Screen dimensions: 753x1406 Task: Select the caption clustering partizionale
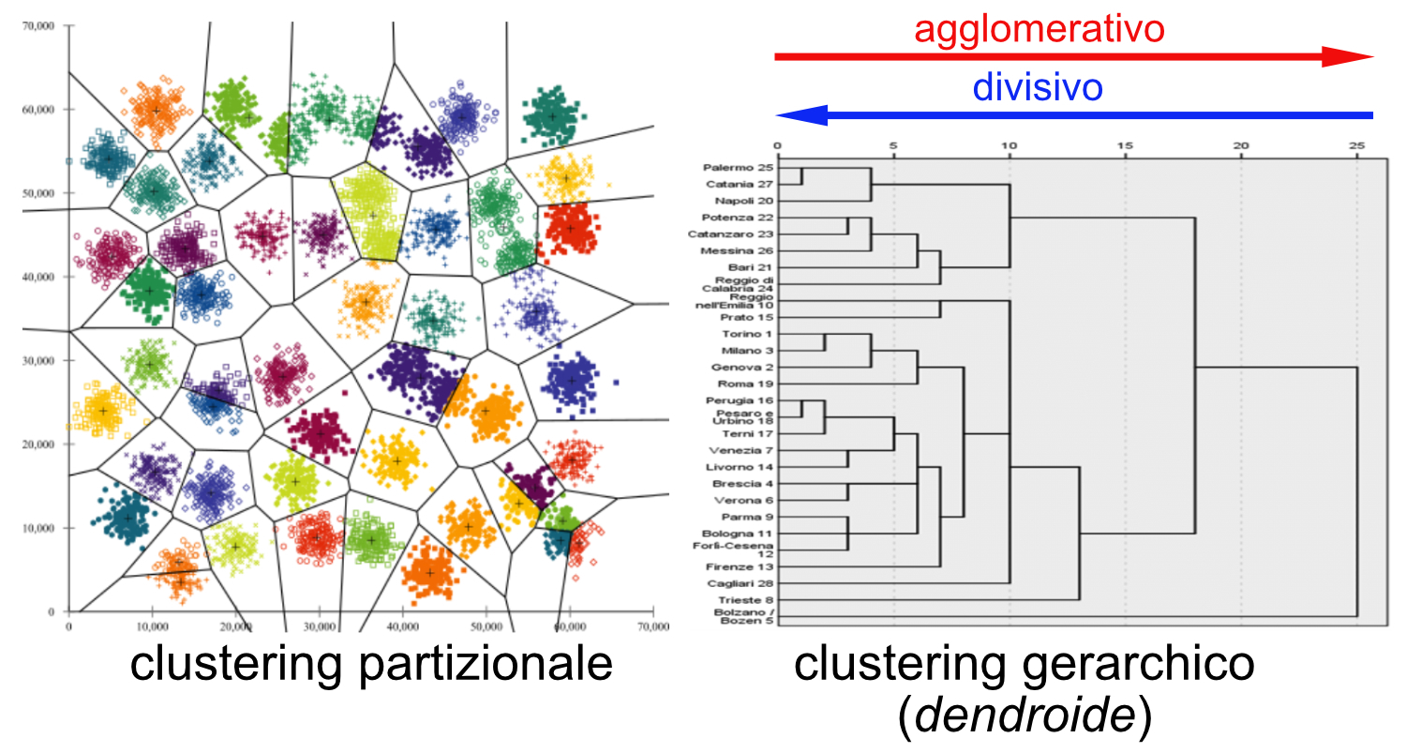coord(371,664)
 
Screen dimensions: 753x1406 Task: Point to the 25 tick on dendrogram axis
coord(1356,146)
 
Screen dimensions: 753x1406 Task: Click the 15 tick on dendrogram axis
coord(1125,146)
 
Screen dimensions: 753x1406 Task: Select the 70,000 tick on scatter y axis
coord(39,25)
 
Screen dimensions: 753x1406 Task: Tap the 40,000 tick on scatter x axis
coord(402,625)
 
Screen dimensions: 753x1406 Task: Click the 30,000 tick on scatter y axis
coord(39,360)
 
